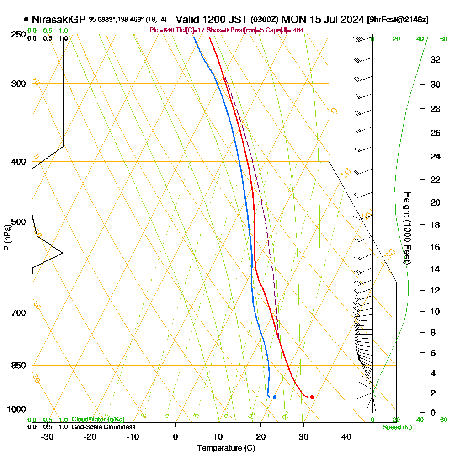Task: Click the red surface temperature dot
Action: pyautogui.click(x=312, y=397)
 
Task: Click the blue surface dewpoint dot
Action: pyautogui.click(x=274, y=397)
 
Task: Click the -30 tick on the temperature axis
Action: pyautogui.click(x=48, y=437)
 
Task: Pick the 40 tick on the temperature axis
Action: pyautogui.click(x=346, y=437)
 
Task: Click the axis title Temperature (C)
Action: pyautogui.click(x=226, y=448)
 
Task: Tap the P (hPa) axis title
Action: pyautogui.click(x=7, y=238)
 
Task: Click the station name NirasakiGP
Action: pyautogui.click(x=59, y=20)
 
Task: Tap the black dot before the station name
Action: pyautogui.click(x=26, y=20)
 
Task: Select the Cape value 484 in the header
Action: pyautogui.click(x=298, y=30)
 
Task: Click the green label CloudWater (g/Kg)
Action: pyautogui.click(x=98, y=420)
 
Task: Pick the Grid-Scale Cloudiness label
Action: pyautogui.click(x=103, y=427)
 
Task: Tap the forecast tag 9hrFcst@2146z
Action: pyautogui.click(x=398, y=20)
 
